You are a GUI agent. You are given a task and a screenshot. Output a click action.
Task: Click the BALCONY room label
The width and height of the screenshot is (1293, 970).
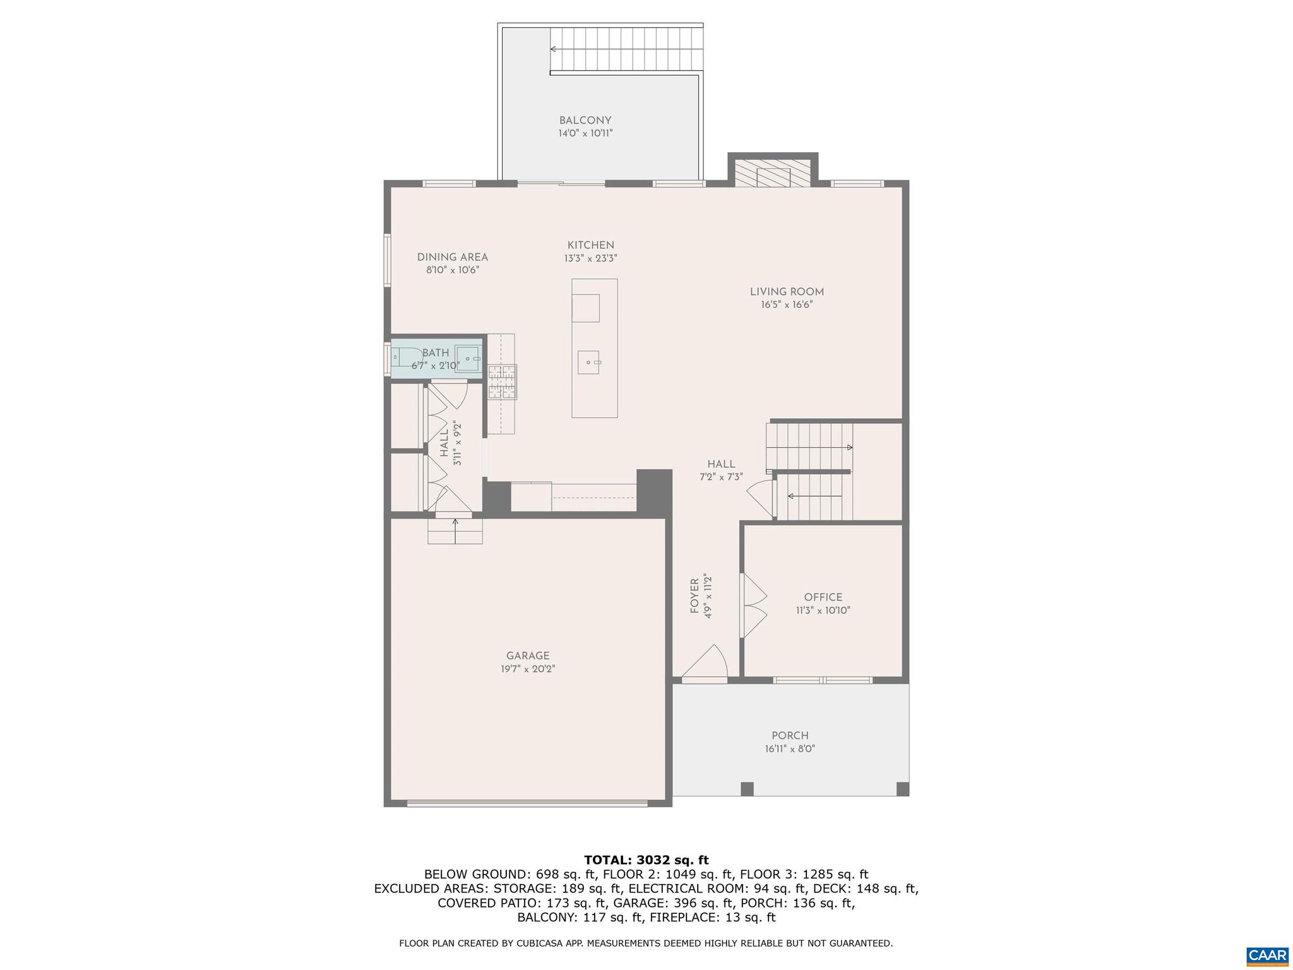[585, 121]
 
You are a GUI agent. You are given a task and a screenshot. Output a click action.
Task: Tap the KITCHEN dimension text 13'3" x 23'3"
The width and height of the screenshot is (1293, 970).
[590, 258]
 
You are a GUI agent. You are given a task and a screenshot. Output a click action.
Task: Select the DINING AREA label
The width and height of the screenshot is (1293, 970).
[452, 257]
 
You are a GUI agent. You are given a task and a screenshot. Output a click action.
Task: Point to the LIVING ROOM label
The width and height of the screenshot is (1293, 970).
[787, 292]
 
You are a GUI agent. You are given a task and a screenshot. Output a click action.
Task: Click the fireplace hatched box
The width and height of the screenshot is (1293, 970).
[773, 172]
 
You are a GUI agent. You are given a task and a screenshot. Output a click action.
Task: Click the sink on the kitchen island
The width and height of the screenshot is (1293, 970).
[589, 362]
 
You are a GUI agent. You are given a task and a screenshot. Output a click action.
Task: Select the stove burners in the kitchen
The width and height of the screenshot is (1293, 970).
[503, 382]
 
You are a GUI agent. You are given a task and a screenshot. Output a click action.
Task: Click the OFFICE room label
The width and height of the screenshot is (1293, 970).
[823, 597]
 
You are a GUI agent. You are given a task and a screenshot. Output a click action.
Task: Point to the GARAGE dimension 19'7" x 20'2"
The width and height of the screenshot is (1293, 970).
[528, 669]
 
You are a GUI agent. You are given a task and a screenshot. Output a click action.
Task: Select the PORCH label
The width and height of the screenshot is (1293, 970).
[790, 736]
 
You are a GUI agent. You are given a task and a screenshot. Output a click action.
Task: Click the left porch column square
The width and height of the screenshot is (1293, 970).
[747, 789]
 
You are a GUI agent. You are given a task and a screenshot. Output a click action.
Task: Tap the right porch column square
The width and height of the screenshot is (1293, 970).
[902, 789]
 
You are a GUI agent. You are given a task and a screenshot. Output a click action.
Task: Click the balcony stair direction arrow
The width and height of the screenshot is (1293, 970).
[554, 49]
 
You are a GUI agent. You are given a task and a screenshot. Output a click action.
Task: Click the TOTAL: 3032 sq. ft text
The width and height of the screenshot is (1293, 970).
[646, 860]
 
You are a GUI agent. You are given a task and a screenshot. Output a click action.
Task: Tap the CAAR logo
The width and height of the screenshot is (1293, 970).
[1267, 955]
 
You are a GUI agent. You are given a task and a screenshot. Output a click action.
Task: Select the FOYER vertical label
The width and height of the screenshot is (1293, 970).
[694, 596]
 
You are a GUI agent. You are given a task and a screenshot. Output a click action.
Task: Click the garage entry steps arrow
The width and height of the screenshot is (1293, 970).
[455, 523]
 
